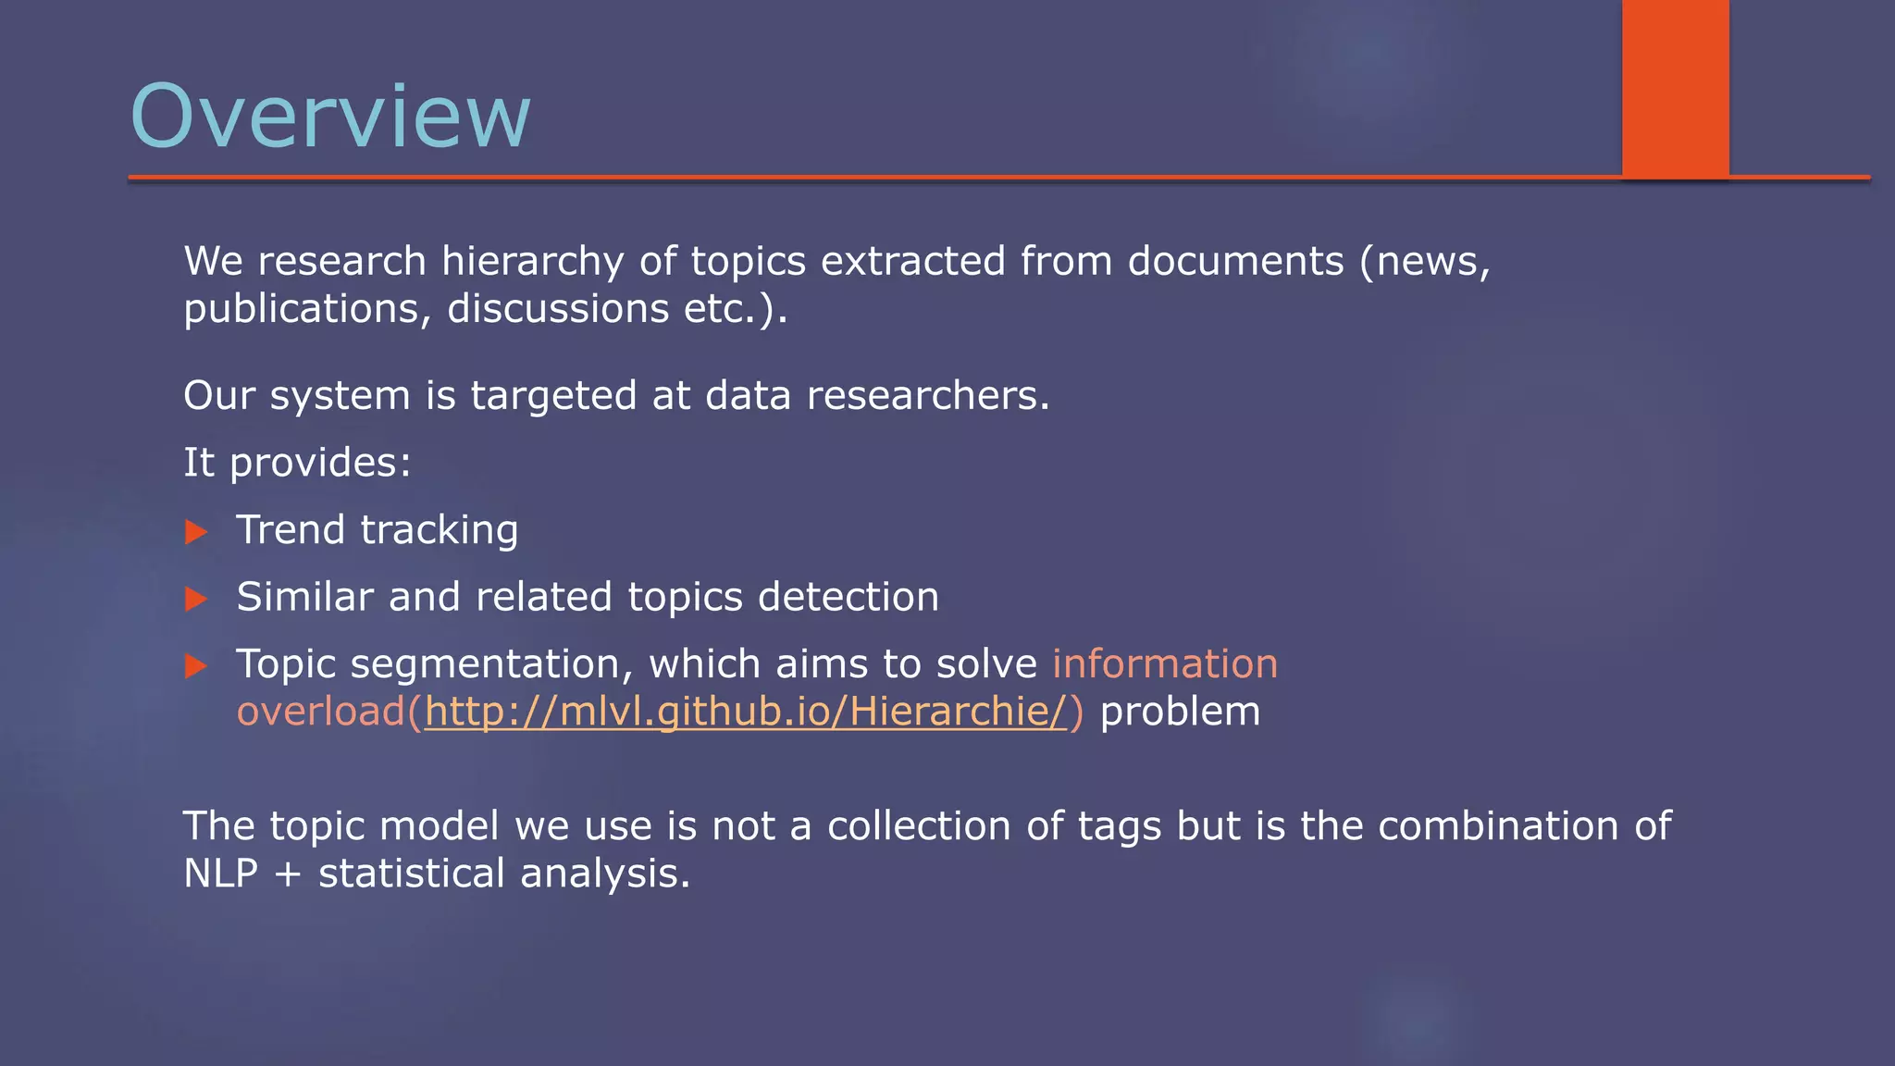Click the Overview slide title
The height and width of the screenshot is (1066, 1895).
click(330, 117)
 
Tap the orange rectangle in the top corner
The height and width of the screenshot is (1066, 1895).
click(1675, 88)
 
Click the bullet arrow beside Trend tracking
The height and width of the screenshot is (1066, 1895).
click(196, 532)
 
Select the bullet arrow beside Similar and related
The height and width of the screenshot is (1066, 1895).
click(196, 599)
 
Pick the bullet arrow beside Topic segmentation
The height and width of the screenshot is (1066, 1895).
click(196, 666)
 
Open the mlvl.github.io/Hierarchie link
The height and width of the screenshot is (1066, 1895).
click(746, 712)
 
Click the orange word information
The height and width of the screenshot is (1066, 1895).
click(1164, 664)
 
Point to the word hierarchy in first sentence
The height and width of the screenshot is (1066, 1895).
click(532, 262)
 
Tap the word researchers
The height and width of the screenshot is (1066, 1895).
click(927, 396)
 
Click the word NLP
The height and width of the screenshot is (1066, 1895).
click(220, 874)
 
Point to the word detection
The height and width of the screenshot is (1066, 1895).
click(848, 597)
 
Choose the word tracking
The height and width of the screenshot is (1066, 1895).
click(439, 530)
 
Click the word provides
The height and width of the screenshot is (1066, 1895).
click(319, 463)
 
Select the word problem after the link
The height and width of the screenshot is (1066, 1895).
click(1180, 712)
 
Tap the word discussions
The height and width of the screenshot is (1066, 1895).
click(558, 309)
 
